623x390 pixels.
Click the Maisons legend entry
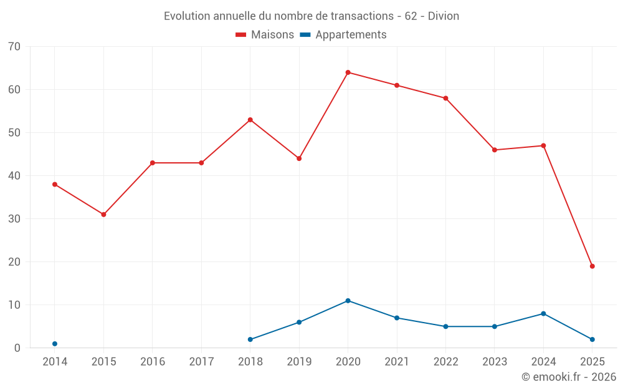265,35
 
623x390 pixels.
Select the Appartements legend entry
343,35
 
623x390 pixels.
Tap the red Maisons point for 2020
348,72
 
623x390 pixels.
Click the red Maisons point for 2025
592,266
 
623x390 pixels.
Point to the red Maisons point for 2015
103,215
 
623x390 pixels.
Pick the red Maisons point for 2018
250,120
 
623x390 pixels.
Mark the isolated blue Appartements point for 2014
55,344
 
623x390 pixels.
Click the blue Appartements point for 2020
348,301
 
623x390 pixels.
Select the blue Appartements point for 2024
543,314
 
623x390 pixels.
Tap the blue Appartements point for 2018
250,339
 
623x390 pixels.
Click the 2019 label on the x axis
299,362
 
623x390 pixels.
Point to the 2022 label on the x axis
445,362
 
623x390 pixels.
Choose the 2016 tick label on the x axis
153,362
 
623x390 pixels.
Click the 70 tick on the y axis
14,47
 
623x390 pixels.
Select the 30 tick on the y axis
14,219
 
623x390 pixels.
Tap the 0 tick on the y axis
17,348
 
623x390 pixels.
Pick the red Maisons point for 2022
445,99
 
